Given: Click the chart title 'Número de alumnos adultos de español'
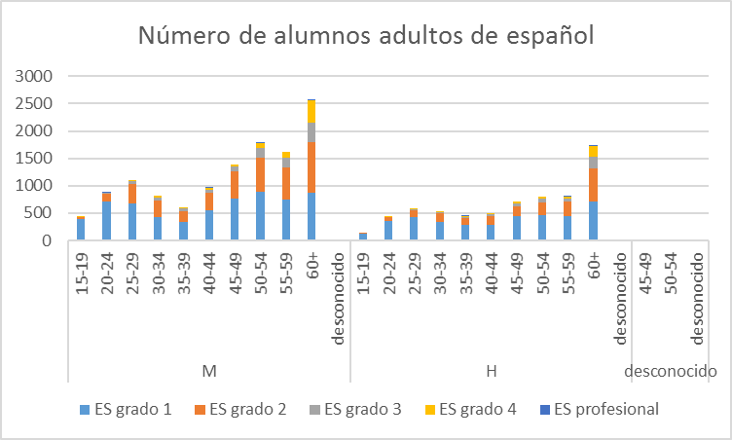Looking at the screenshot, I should (366, 36).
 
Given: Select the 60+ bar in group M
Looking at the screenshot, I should (311, 170).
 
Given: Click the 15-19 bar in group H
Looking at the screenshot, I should (363, 236).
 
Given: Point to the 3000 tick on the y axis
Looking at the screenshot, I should (39, 76).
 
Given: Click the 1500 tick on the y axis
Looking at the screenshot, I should (39, 159).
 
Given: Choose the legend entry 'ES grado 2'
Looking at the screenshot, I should (238, 409).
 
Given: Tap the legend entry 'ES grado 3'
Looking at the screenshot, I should (353, 409).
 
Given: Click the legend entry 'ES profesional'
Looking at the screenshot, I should (596, 409).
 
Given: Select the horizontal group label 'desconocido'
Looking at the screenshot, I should (672, 371).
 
